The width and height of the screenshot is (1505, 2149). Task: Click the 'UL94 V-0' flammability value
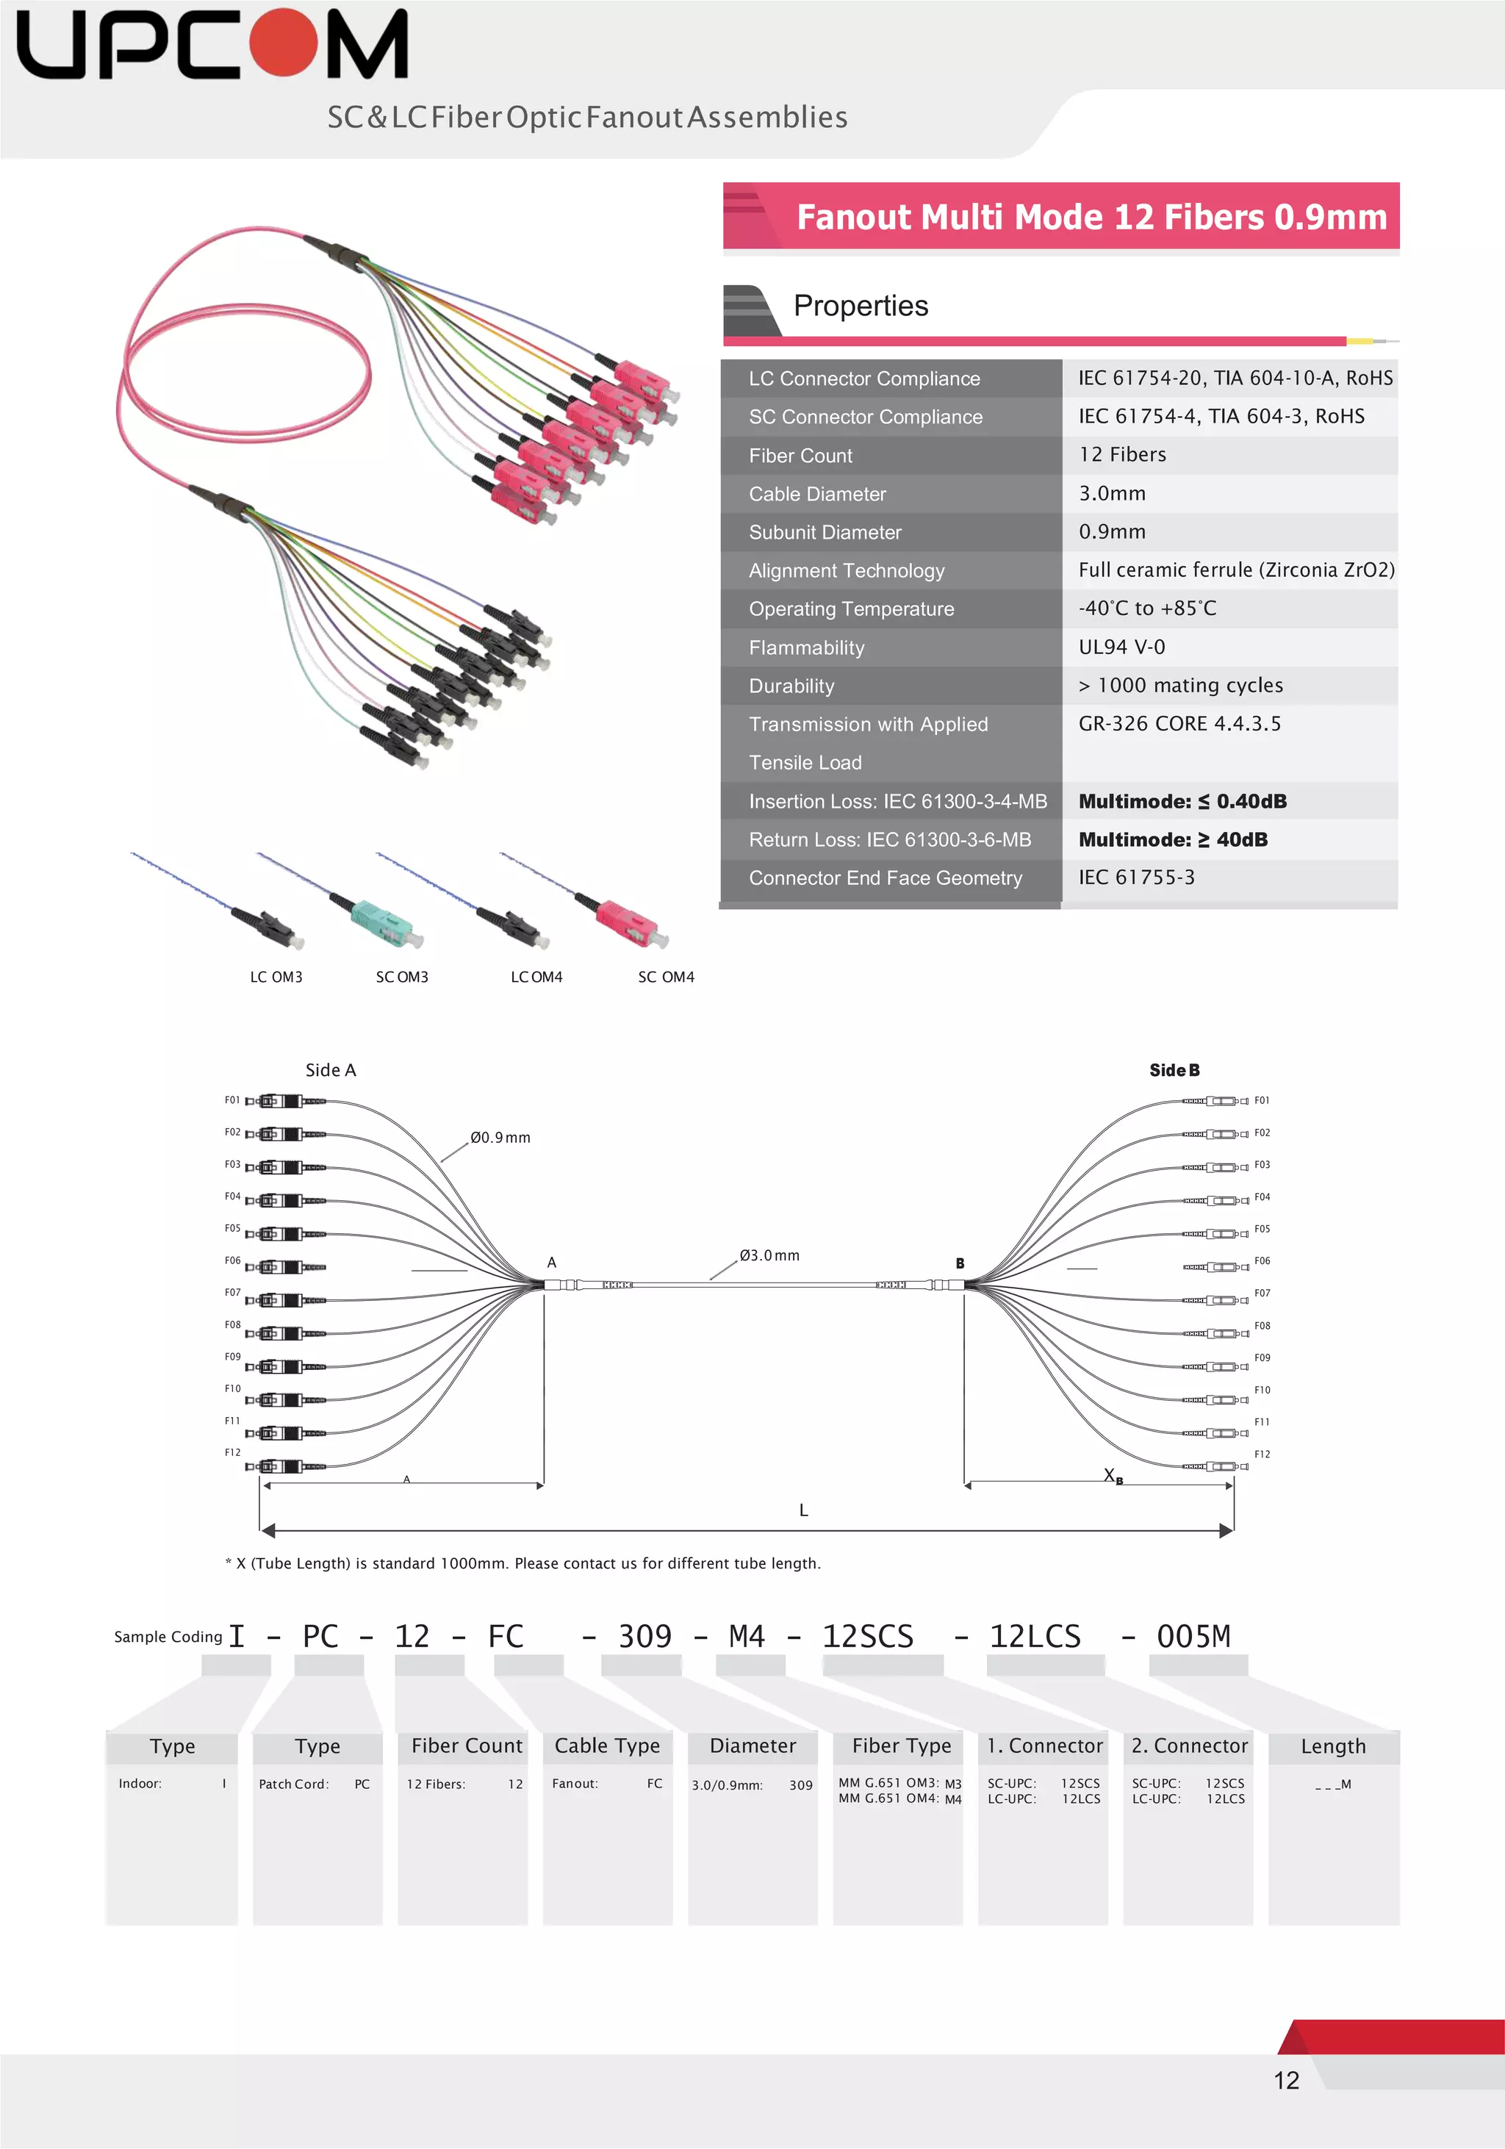[x=1121, y=647]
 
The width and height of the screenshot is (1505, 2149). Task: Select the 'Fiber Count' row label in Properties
[x=800, y=456]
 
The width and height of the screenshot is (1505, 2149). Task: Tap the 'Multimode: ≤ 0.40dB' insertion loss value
[x=1182, y=801]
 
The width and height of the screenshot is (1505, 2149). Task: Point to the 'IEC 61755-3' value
[x=1136, y=877]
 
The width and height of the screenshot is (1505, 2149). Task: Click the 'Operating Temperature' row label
[x=851, y=609]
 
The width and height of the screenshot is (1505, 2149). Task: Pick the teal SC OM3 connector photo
[x=382, y=919]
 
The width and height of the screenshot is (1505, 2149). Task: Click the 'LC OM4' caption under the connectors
[x=536, y=977]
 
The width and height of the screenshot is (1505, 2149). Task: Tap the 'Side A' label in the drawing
[x=331, y=1070]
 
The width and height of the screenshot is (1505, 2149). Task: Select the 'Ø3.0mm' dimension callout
[x=769, y=1255]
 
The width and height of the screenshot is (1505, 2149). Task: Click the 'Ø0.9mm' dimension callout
[x=500, y=1137]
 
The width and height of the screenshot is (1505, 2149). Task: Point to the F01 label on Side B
[x=1262, y=1101]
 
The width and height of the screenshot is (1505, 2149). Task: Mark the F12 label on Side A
[x=232, y=1453]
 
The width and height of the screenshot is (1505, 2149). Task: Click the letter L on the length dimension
[x=803, y=1510]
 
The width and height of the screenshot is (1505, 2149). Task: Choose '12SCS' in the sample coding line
[x=868, y=1636]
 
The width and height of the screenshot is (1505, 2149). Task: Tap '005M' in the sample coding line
[x=1193, y=1636]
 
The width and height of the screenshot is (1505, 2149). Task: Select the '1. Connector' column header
[x=1044, y=1746]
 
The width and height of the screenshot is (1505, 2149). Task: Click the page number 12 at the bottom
[x=1286, y=2080]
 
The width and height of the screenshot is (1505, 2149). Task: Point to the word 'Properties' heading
[x=860, y=306]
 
